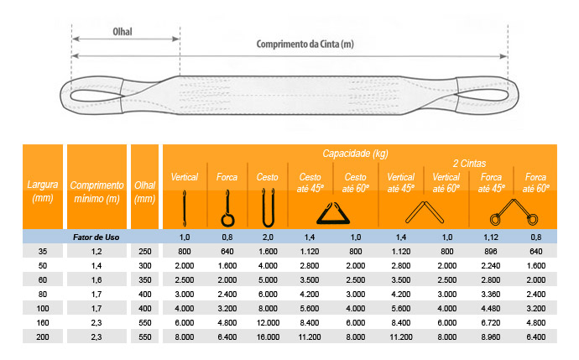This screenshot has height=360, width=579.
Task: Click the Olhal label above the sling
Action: click(x=123, y=32)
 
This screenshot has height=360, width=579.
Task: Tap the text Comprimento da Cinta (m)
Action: click(x=305, y=44)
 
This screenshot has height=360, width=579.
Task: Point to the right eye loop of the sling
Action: click(x=488, y=95)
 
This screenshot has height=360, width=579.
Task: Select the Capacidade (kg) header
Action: click(x=355, y=154)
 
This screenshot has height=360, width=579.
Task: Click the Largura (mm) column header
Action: click(x=43, y=190)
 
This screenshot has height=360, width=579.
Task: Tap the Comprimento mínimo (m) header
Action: click(x=96, y=191)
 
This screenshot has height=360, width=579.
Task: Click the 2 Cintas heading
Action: click(x=469, y=163)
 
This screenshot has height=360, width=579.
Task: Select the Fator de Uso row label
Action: click(x=96, y=237)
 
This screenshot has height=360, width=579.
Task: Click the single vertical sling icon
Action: click(x=185, y=208)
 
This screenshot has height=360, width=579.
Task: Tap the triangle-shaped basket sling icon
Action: click(x=333, y=213)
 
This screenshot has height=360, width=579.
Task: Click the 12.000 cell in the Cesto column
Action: click(x=268, y=323)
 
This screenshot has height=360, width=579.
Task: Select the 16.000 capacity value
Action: click(x=268, y=337)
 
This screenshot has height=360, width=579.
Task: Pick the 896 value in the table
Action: click(x=491, y=252)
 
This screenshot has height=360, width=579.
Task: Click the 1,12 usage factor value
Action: click(x=491, y=237)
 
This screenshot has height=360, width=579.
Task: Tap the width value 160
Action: click(x=43, y=323)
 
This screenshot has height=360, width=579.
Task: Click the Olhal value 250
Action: click(x=144, y=252)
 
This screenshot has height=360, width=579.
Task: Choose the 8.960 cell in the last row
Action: click(x=491, y=337)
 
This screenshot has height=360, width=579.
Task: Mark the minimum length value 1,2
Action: click(x=96, y=252)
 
